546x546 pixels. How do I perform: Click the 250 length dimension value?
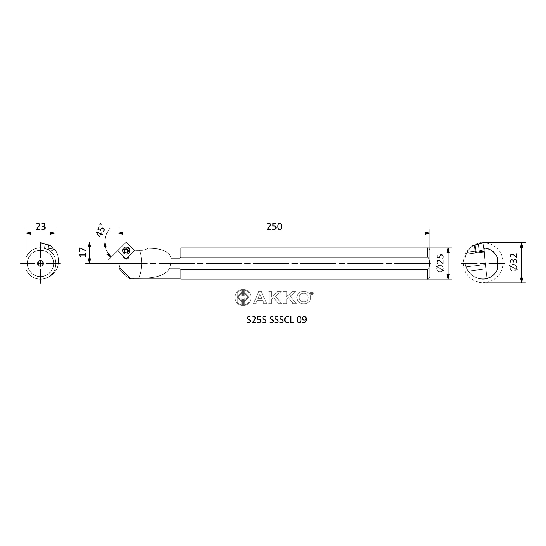[x=274, y=226]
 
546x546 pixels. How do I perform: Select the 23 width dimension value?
[x=41, y=226]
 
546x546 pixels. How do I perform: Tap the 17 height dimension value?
[x=83, y=252]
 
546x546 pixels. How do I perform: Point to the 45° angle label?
[x=100, y=230]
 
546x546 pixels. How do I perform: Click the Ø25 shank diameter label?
[x=440, y=263]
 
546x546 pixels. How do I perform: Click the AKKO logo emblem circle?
[x=243, y=298]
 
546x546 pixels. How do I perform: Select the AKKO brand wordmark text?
[x=282, y=298]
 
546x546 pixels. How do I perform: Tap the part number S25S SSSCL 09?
[x=276, y=320]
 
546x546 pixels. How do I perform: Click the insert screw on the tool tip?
[x=126, y=250]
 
